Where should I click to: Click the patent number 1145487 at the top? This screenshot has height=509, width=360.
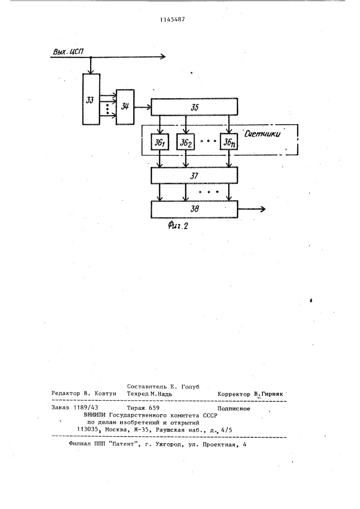(x=173, y=19)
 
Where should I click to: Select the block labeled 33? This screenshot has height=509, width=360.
(x=91, y=99)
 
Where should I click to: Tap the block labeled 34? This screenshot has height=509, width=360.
(x=125, y=106)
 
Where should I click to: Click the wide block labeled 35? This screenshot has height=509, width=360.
(x=194, y=107)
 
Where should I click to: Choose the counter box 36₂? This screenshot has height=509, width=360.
(x=186, y=142)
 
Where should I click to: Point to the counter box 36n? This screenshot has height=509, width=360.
(x=229, y=142)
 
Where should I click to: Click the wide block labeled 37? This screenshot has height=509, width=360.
(x=194, y=176)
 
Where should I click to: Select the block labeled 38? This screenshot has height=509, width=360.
(x=194, y=209)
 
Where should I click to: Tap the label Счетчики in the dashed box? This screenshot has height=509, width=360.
(x=262, y=134)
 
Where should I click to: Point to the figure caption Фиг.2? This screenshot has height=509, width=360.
(x=178, y=225)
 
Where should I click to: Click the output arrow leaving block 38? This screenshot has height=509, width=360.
(x=252, y=209)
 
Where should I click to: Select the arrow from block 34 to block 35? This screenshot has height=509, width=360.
(x=143, y=107)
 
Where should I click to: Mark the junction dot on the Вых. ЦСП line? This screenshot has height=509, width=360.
(x=91, y=57)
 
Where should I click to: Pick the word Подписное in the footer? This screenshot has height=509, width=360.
(x=234, y=409)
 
